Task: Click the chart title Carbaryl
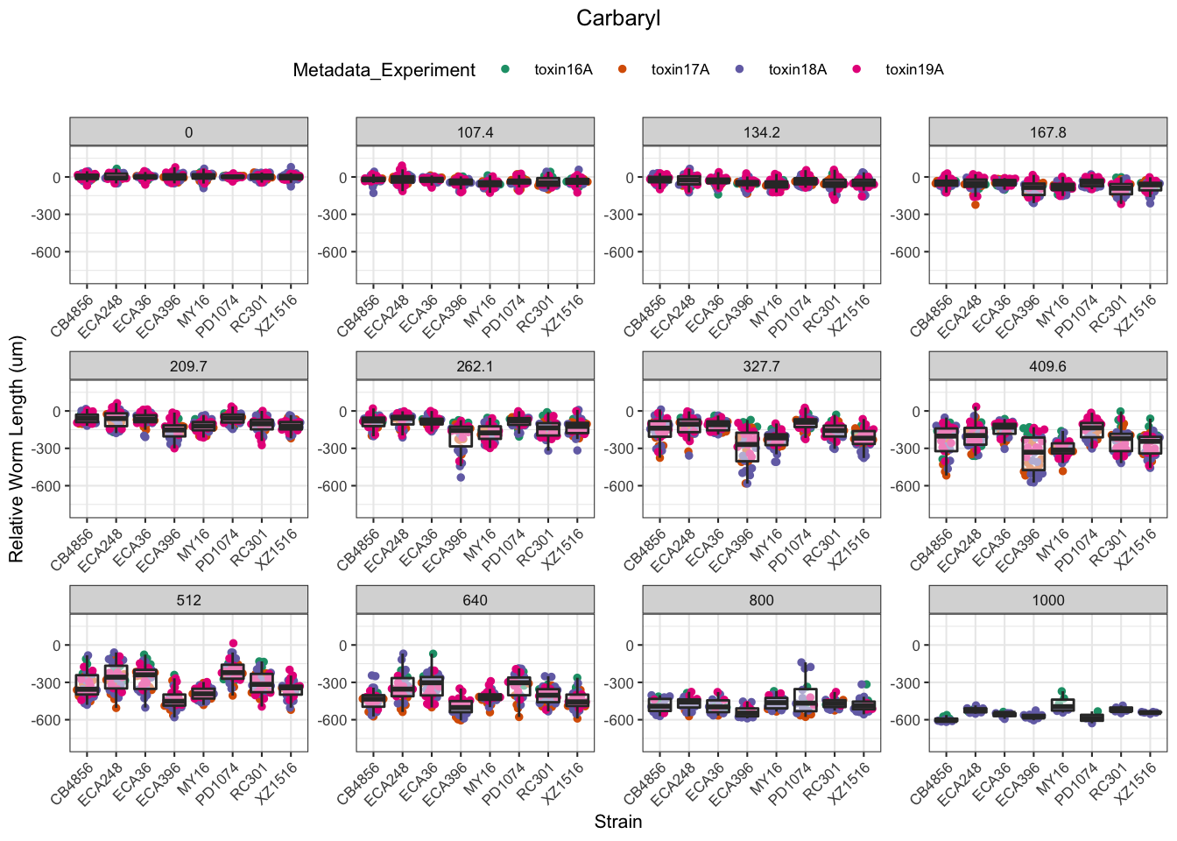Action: pos(618,18)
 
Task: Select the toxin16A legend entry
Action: pos(562,70)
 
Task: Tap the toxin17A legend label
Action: pos(680,70)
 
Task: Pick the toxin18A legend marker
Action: pos(740,70)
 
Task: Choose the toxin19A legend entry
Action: pos(913,70)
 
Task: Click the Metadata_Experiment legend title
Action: pos(384,70)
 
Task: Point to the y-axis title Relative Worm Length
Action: pos(17,449)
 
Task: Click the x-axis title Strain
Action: pos(618,822)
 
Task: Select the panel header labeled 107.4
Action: pos(475,132)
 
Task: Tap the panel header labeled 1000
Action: pos(1047,600)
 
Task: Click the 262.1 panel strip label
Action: pos(475,366)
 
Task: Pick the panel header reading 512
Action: pos(188,600)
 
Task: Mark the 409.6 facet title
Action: pos(1047,366)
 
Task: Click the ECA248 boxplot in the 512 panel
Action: pos(116,677)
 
